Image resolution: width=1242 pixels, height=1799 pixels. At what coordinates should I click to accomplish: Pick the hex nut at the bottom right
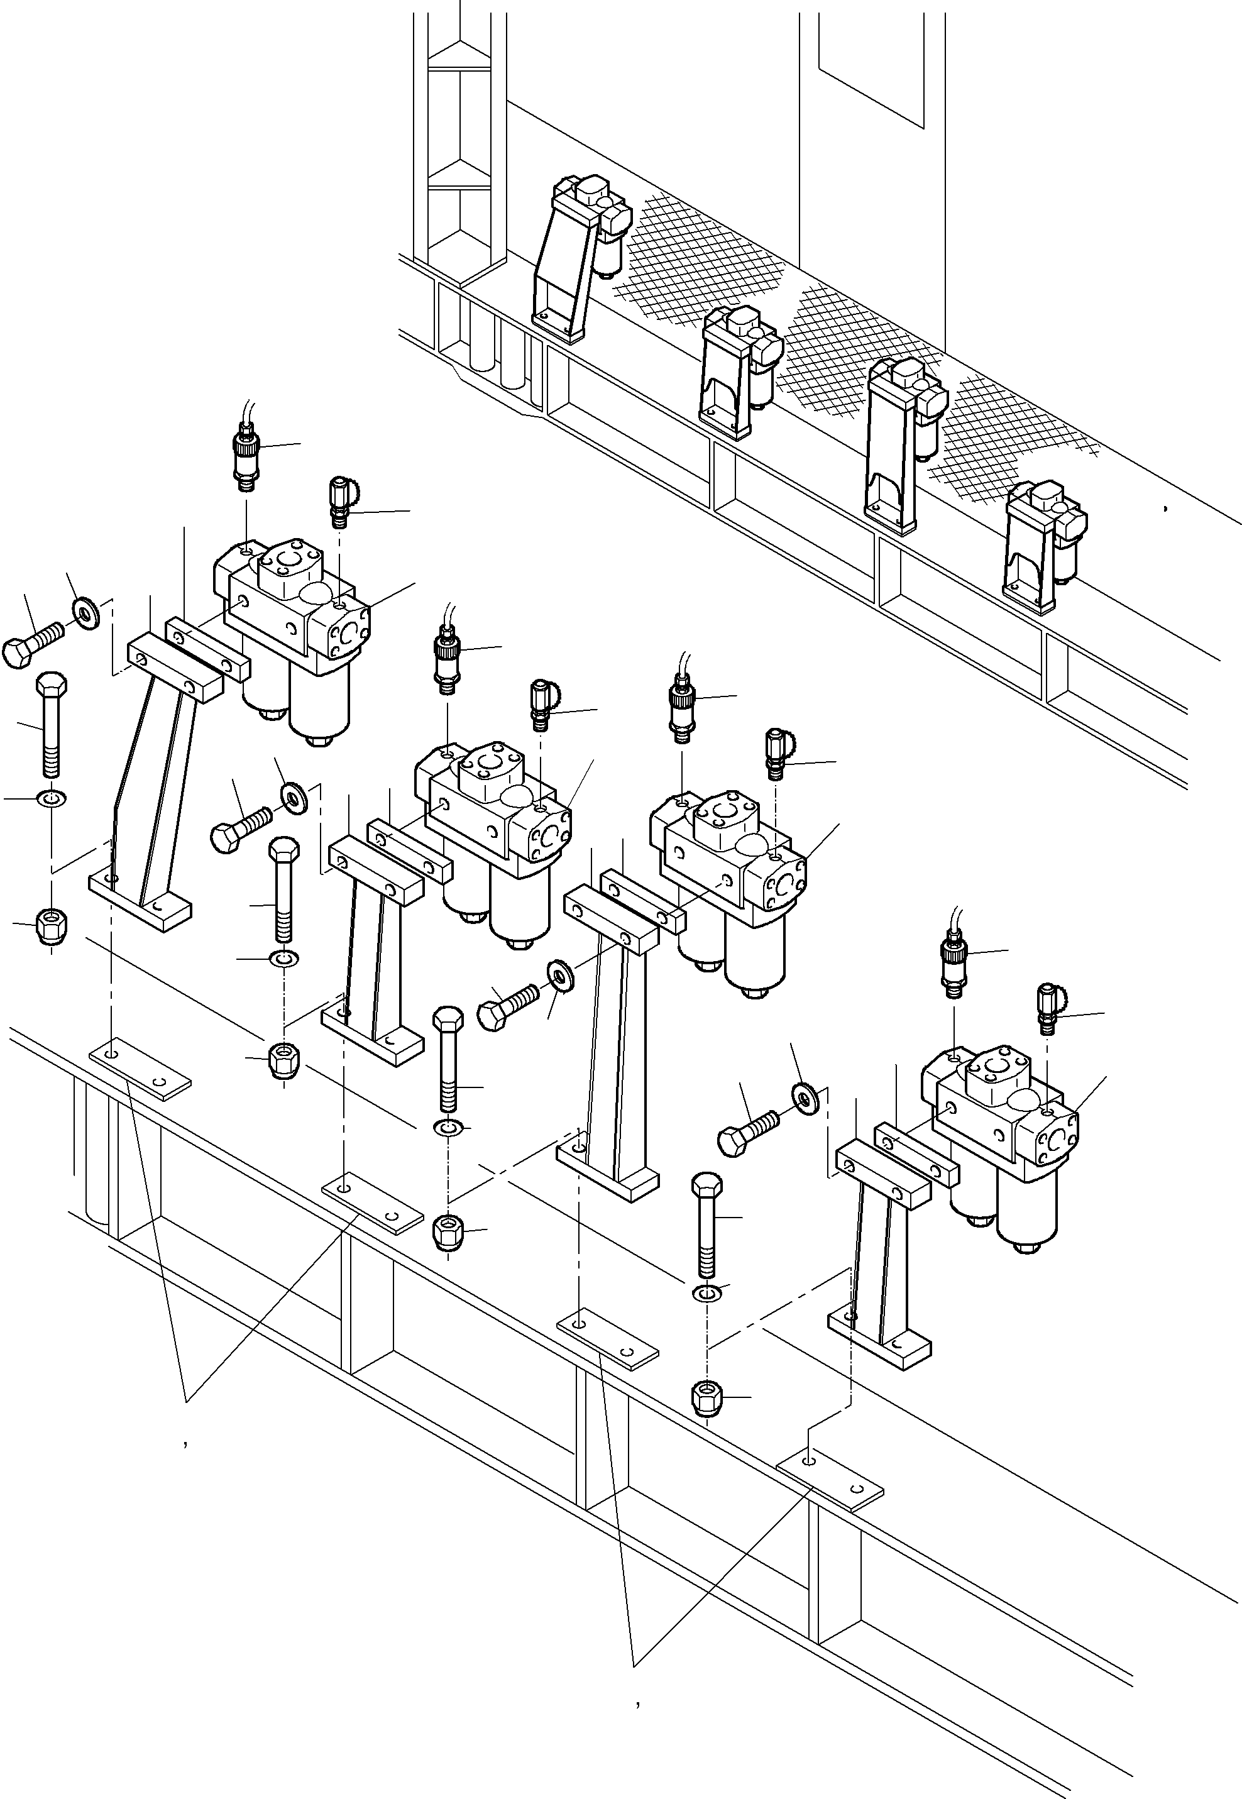click(x=706, y=1397)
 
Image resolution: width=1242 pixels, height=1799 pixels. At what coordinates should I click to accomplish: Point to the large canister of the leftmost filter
click(x=319, y=704)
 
